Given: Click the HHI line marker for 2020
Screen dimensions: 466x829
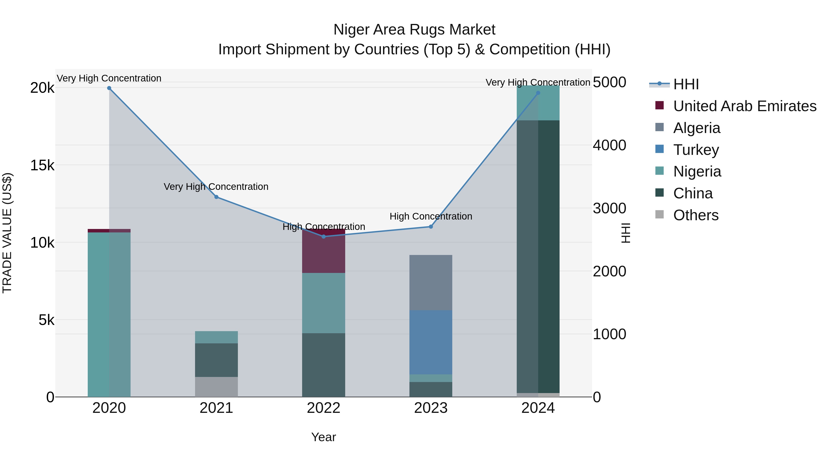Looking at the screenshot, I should click(x=109, y=88).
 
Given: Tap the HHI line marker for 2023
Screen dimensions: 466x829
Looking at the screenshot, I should click(x=431, y=227).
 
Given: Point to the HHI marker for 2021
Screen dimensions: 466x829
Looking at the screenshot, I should click(x=216, y=197).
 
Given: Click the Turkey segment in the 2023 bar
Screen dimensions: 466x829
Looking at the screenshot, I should click(x=431, y=342).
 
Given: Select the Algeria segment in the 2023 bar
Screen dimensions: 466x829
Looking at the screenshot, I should click(x=431, y=282).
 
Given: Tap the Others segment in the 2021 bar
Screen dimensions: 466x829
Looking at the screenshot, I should click(x=216, y=387).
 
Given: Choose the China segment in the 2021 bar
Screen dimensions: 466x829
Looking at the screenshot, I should click(x=216, y=360).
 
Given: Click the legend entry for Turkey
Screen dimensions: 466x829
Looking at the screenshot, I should click(x=696, y=150).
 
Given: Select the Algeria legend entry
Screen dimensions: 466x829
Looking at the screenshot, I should click(x=696, y=128).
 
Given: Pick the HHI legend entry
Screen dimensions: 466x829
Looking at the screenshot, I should click(x=686, y=84).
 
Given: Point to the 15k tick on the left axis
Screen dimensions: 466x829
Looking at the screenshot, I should click(x=42, y=166).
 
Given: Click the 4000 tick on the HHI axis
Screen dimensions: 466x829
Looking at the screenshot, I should click(x=609, y=145).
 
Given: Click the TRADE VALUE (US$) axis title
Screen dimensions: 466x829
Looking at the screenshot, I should click(x=7, y=233).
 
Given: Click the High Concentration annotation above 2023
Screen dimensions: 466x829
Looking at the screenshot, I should click(x=431, y=217).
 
